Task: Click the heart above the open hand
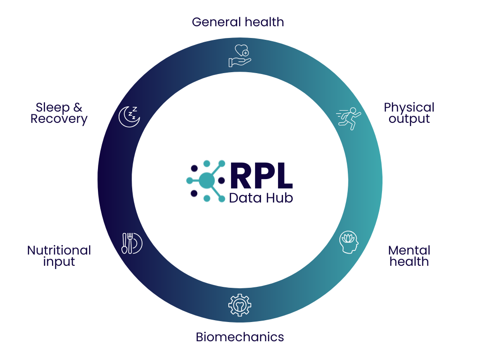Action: [240, 49]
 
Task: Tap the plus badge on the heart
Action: [246, 53]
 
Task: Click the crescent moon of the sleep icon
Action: [127, 118]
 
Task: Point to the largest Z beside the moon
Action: [135, 109]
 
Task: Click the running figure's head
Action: [353, 111]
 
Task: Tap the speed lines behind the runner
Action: [341, 113]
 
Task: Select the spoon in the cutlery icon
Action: [124, 243]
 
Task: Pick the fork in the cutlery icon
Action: [130, 243]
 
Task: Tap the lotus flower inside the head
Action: [347, 239]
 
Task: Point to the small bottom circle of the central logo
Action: [207, 198]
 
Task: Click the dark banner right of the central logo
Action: [286, 185]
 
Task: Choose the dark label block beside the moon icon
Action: [68, 118]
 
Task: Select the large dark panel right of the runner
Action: [431, 220]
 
